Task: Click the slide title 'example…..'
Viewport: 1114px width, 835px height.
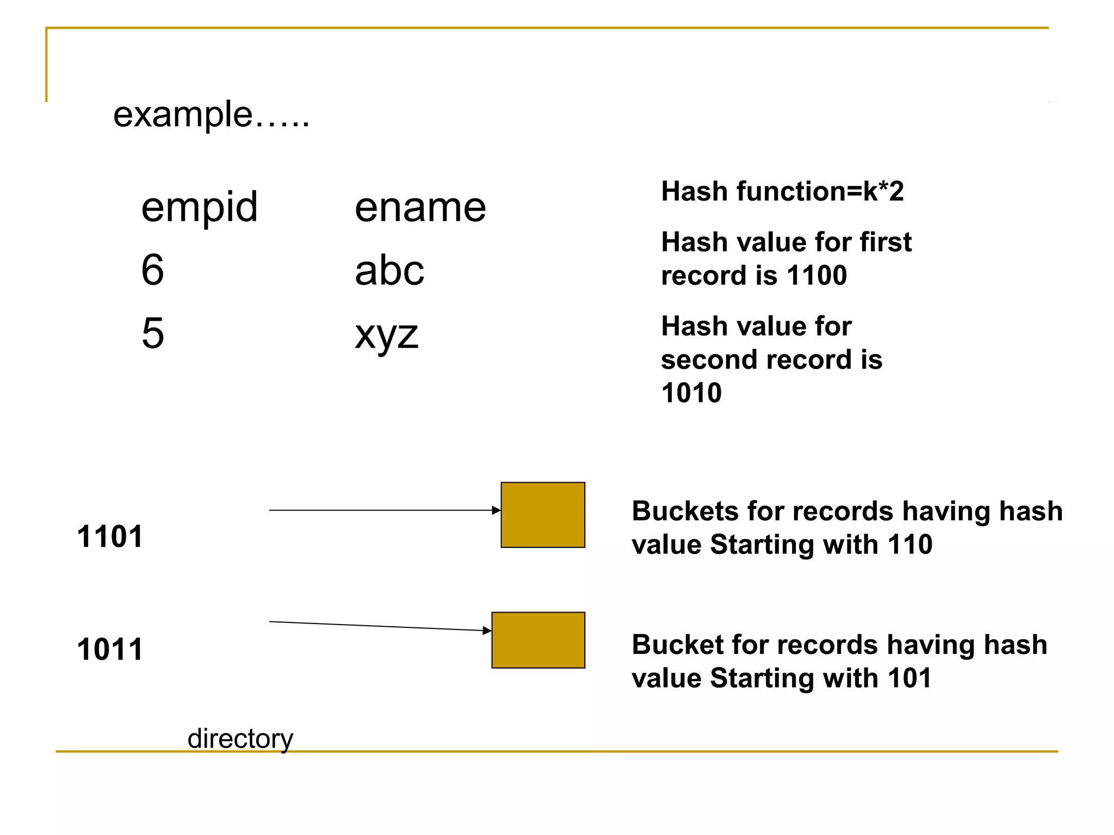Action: pos(211,115)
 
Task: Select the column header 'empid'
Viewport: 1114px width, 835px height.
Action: pos(199,208)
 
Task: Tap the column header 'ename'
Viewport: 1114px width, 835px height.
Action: pos(420,208)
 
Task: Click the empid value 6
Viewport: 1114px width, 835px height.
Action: pos(152,270)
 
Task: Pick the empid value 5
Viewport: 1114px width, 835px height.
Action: pos(152,333)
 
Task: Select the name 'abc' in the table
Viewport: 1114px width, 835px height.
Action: pos(389,270)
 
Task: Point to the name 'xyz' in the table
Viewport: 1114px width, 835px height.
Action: pos(386,334)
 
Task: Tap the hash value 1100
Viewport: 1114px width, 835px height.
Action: pos(816,275)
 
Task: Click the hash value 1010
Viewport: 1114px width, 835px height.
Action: pos(691,392)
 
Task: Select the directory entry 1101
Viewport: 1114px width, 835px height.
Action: pos(110,537)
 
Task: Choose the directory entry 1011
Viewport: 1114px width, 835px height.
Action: pos(110,649)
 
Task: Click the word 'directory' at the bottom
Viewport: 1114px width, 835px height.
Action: pos(240,738)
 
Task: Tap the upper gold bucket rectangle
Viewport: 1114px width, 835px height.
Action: pos(542,515)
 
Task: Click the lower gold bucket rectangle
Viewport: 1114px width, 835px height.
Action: pos(538,640)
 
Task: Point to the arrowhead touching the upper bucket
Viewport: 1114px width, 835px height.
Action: pos(496,510)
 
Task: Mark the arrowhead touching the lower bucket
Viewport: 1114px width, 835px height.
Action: pos(487,631)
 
